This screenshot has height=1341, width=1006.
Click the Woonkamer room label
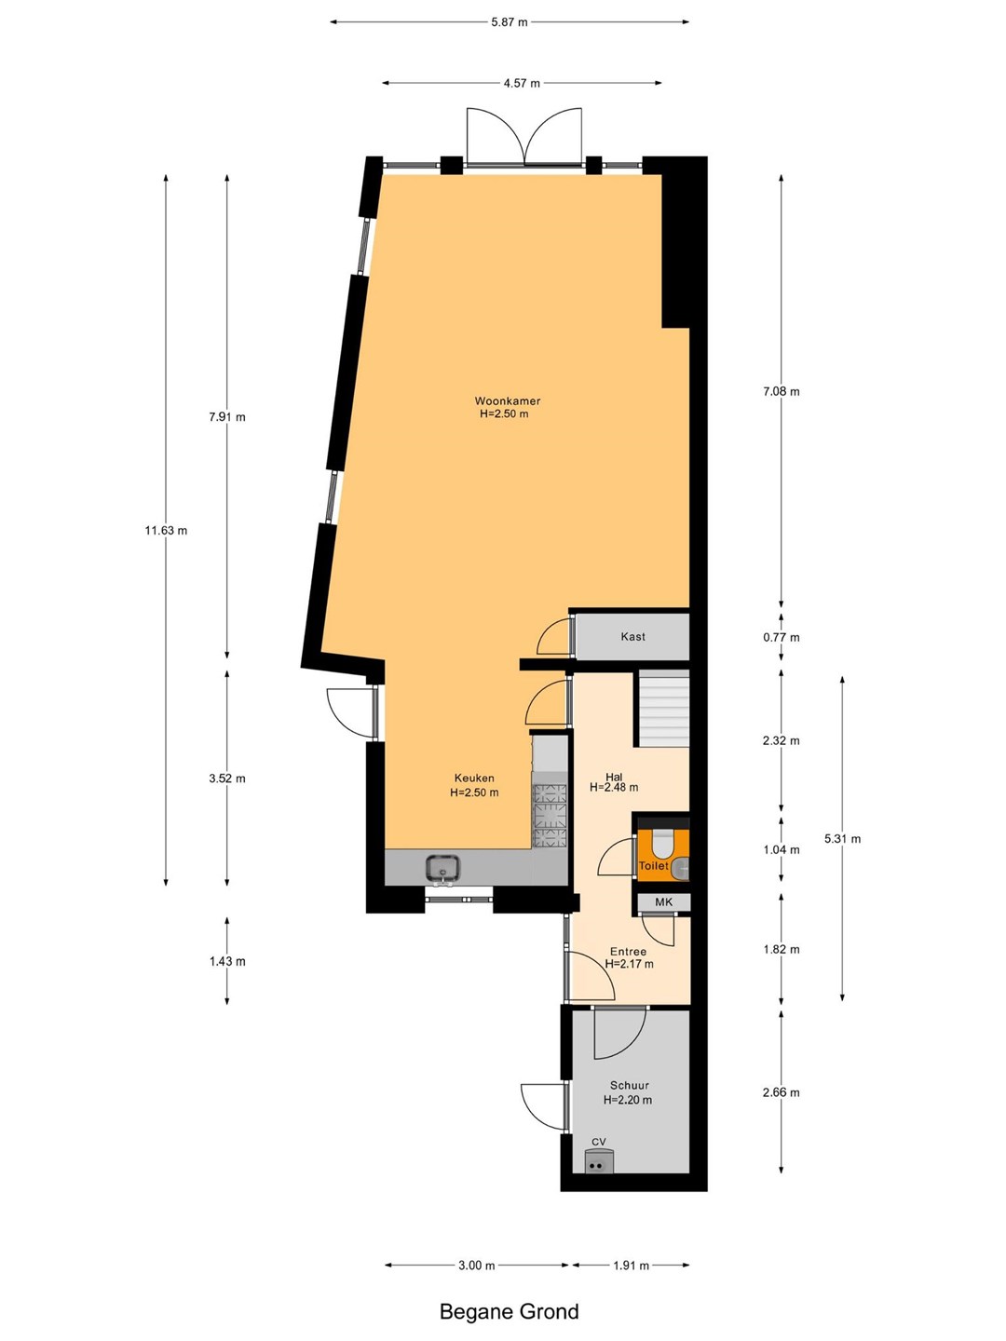(x=508, y=401)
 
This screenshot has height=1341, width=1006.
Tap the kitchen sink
(x=443, y=870)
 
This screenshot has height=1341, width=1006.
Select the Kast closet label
(x=632, y=637)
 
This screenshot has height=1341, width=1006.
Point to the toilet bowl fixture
(x=661, y=845)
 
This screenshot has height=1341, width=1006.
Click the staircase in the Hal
(x=664, y=708)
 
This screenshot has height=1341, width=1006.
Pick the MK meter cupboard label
(x=663, y=901)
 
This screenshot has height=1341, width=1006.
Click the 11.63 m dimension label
(x=166, y=530)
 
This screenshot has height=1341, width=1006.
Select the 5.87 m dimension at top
(x=510, y=22)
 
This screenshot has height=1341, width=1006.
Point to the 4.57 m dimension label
(x=522, y=83)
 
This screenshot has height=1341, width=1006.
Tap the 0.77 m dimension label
(x=782, y=637)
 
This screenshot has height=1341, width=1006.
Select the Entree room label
(x=629, y=952)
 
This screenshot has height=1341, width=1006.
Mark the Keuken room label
(x=474, y=779)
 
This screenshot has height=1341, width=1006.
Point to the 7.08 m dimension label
(x=782, y=392)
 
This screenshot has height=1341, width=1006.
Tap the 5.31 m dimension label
(x=842, y=839)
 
